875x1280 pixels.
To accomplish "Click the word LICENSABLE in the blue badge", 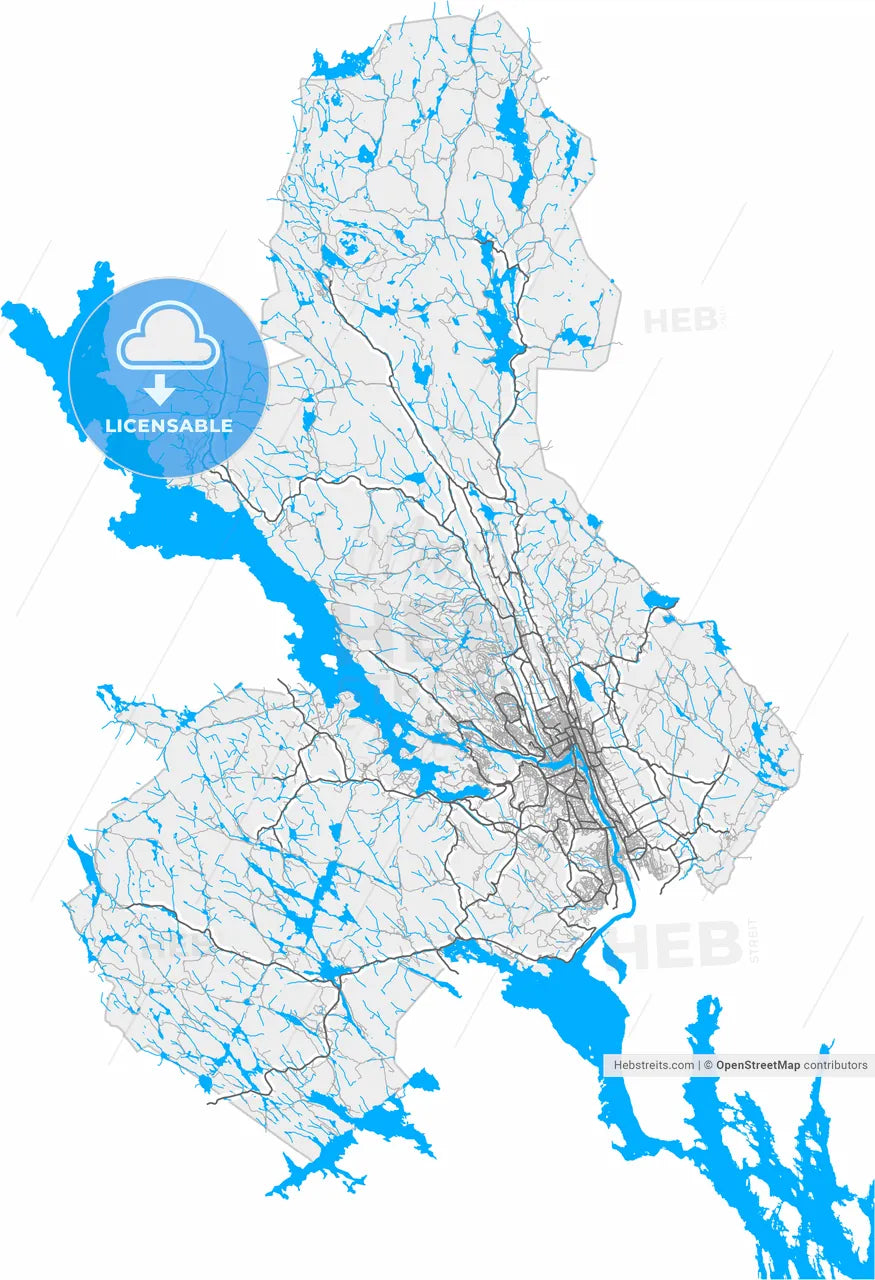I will pyautogui.click(x=169, y=426).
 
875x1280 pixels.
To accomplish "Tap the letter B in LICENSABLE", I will pyautogui.click(x=207, y=426).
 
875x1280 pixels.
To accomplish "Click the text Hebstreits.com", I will pyautogui.click(x=652, y=1065).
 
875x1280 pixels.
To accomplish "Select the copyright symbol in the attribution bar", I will pyautogui.click(x=708, y=1065).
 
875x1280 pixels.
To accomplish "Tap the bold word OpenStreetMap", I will pyautogui.click(x=758, y=1065).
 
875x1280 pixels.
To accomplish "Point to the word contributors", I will pyautogui.click(x=836, y=1065).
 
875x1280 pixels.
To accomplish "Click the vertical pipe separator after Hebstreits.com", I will pyautogui.click(x=698, y=1065).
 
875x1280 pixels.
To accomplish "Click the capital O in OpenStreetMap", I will pyautogui.click(x=721, y=1065).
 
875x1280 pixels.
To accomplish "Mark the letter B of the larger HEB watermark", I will pyautogui.click(x=718, y=946).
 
